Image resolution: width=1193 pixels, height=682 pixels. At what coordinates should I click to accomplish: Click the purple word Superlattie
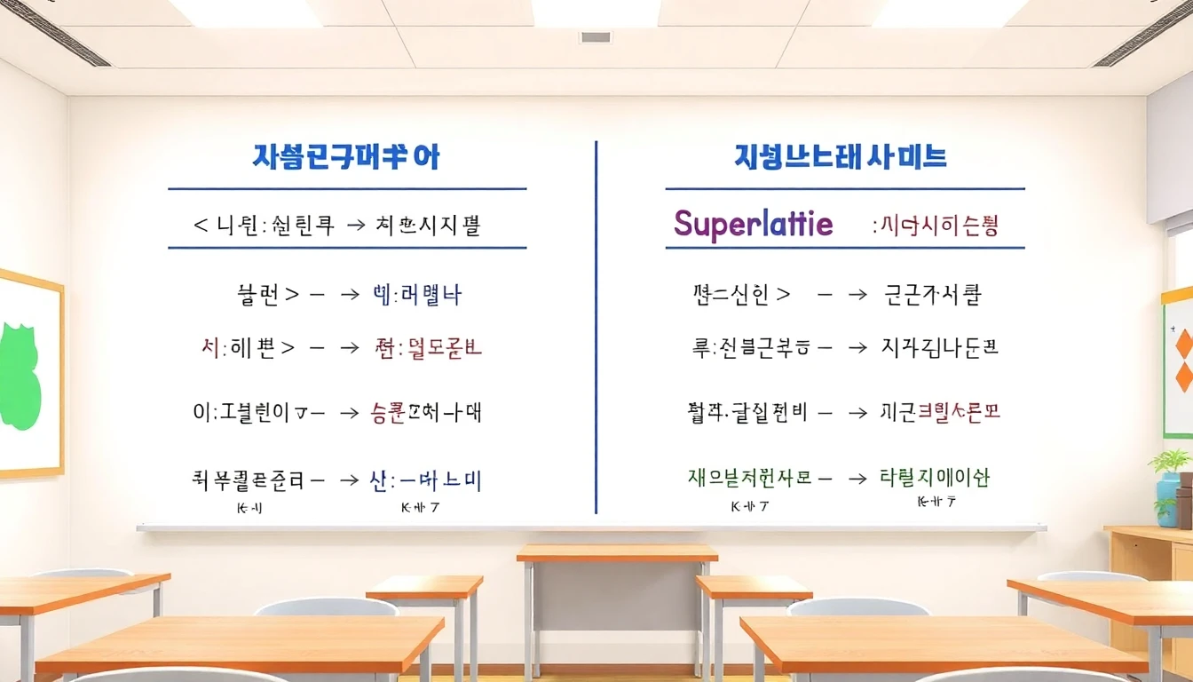point(753,223)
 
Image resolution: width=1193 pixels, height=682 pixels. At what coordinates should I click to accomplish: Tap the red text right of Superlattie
point(936,226)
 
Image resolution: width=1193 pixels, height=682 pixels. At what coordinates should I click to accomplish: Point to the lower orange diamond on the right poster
point(1184,377)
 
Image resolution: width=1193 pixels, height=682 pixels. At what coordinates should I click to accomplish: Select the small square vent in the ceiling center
point(595,37)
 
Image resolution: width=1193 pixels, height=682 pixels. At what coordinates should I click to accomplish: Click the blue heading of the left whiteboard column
point(346,158)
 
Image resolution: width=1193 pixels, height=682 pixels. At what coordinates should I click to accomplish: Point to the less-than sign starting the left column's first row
point(201,226)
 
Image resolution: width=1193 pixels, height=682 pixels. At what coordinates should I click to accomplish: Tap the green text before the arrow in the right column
point(749,478)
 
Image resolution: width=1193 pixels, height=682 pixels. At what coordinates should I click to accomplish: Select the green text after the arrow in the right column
point(934,478)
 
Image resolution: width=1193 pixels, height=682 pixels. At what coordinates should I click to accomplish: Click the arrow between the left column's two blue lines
point(355,226)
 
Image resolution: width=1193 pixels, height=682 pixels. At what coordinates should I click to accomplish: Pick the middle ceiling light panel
point(595,12)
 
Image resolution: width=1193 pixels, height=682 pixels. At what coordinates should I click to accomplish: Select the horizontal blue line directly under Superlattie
point(844,248)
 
